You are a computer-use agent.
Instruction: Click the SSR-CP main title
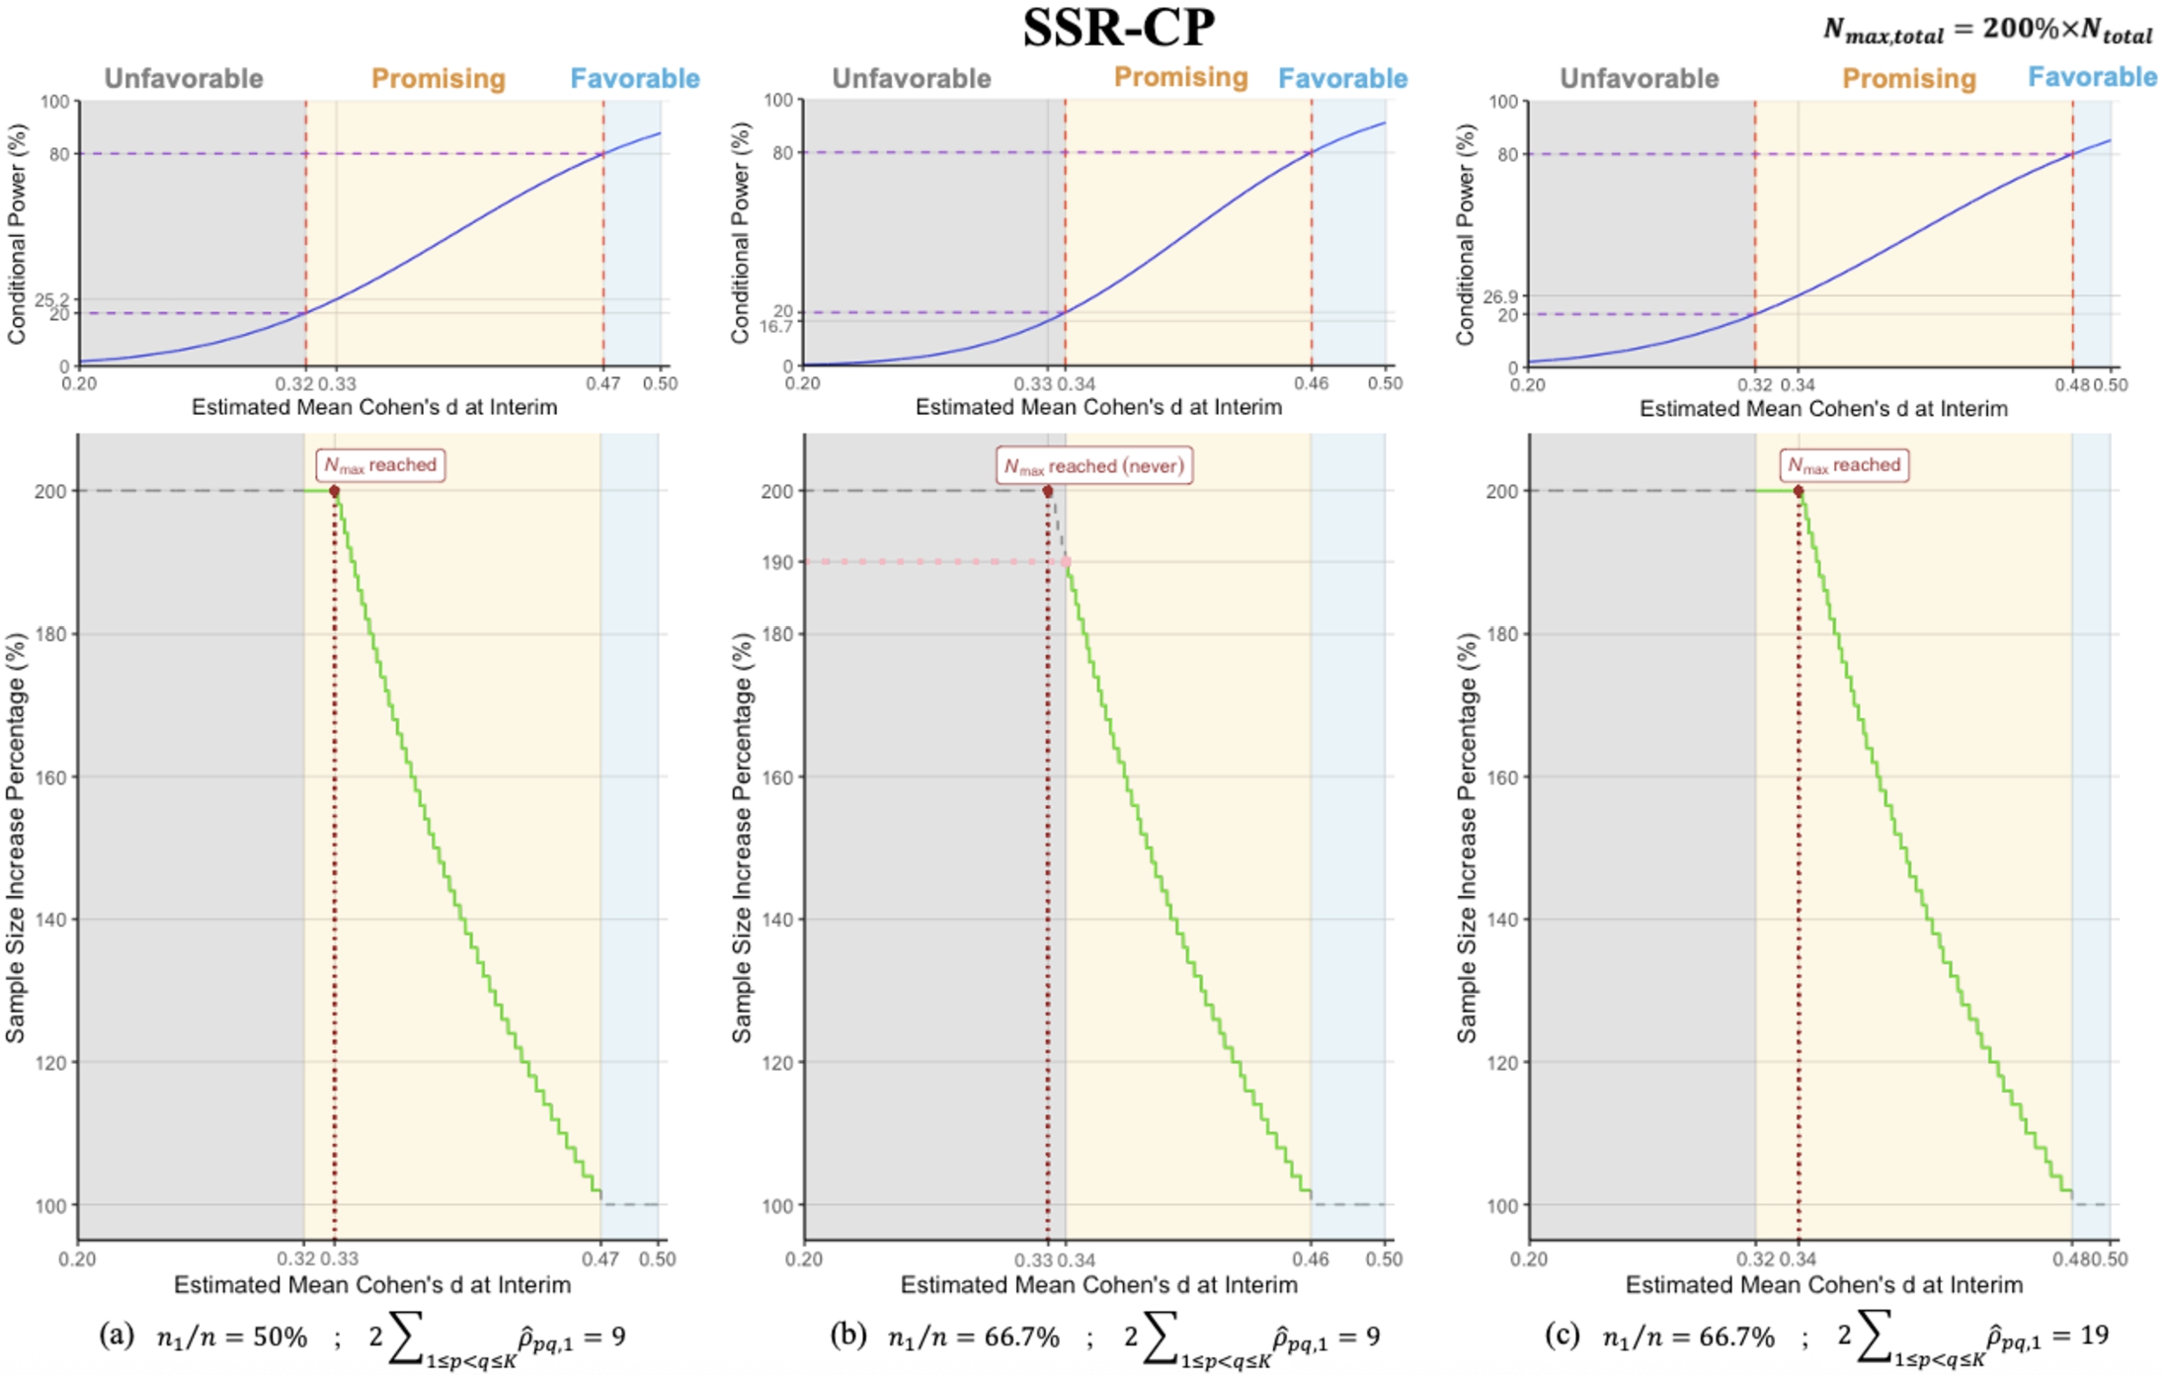[x=1118, y=28]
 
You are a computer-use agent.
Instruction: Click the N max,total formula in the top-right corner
[x=1986, y=30]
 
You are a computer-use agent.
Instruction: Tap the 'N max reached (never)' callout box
[x=1093, y=465]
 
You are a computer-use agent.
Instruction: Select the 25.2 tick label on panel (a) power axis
[x=51, y=299]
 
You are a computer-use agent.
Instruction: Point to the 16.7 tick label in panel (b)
[x=776, y=326]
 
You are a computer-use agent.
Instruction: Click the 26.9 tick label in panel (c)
[x=1500, y=296]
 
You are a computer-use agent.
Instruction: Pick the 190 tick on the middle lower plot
[x=777, y=562]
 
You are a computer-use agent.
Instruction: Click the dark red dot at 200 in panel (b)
[x=1048, y=491]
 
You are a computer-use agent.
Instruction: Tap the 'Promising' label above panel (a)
[x=438, y=78]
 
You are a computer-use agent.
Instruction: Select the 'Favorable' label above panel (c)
[x=2092, y=77]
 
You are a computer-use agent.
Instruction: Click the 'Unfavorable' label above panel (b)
[x=911, y=78]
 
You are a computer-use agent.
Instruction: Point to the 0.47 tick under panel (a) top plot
[x=602, y=383]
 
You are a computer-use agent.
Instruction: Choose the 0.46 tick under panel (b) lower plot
[x=1311, y=1259]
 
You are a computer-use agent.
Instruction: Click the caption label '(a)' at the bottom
[x=117, y=1336]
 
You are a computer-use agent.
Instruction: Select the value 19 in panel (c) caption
[x=2094, y=1336]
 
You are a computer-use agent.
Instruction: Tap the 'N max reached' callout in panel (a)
[x=380, y=465]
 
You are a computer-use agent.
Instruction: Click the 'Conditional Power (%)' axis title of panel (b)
[x=741, y=233]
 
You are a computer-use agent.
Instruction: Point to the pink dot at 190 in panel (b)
[x=1067, y=562]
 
